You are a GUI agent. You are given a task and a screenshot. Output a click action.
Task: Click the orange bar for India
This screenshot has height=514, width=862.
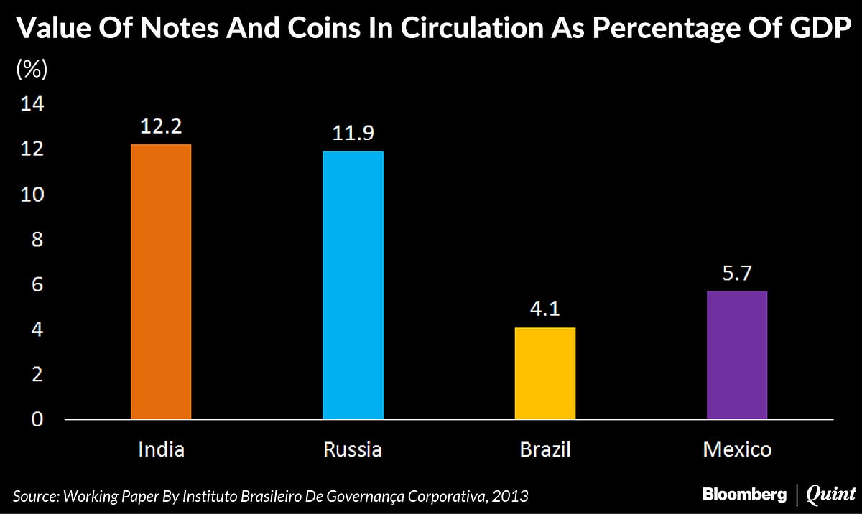click(x=161, y=282)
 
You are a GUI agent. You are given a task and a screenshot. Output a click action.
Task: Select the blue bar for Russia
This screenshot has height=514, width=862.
click(x=353, y=285)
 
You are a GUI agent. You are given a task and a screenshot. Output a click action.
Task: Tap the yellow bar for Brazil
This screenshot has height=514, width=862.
click(x=545, y=373)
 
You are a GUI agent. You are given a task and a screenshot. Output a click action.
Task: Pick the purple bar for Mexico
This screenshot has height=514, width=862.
click(x=737, y=355)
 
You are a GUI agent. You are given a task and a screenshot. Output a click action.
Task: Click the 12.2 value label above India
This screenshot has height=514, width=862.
click(x=161, y=126)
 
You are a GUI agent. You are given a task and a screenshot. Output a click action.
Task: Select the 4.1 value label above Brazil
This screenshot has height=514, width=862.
click(x=545, y=309)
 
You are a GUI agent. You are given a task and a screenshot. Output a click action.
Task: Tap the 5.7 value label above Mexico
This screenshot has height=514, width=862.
click(x=737, y=274)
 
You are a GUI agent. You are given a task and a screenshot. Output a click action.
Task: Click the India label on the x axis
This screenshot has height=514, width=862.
click(x=161, y=450)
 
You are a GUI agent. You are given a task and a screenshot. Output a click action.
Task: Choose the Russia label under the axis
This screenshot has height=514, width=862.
click(x=353, y=450)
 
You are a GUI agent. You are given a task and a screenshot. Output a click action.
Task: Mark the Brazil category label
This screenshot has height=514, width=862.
click(x=545, y=450)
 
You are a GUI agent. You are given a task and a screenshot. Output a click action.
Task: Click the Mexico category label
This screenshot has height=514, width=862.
click(x=737, y=450)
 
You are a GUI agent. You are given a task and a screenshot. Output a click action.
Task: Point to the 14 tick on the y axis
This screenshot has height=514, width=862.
click(x=33, y=105)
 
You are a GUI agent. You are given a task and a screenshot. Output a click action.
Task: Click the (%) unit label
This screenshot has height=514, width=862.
click(x=31, y=70)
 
